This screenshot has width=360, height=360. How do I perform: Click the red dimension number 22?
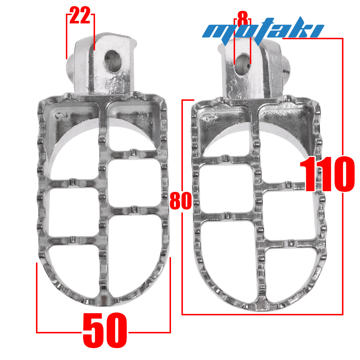pyautogui.click(x=80, y=15)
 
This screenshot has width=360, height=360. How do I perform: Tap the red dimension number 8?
pyautogui.click(x=242, y=18)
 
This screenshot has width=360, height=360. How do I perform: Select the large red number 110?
pyautogui.click(x=327, y=174)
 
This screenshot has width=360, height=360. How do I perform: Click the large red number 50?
pyautogui.click(x=105, y=330)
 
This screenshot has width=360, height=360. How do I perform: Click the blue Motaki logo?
pyautogui.click(x=263, y=30)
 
